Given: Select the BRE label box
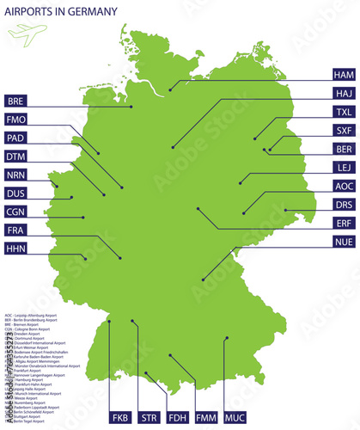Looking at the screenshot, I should [x=15, y=101].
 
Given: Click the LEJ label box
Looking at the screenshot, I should [x=344, y=168].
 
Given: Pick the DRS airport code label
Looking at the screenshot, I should [x=344, y=205].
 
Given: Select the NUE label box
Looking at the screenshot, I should [x=344, y=243].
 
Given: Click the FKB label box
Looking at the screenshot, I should [x=121, y=418].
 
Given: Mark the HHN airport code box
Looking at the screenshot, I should [x=15, y=249].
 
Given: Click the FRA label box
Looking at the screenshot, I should [x=15, y=230].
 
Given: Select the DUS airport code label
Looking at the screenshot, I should [x=15, y=193].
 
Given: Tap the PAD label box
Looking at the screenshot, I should [x=15, y=138].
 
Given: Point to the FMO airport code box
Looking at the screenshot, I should [x=15, y=120].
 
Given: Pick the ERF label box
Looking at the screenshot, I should [x=344, y=223].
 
